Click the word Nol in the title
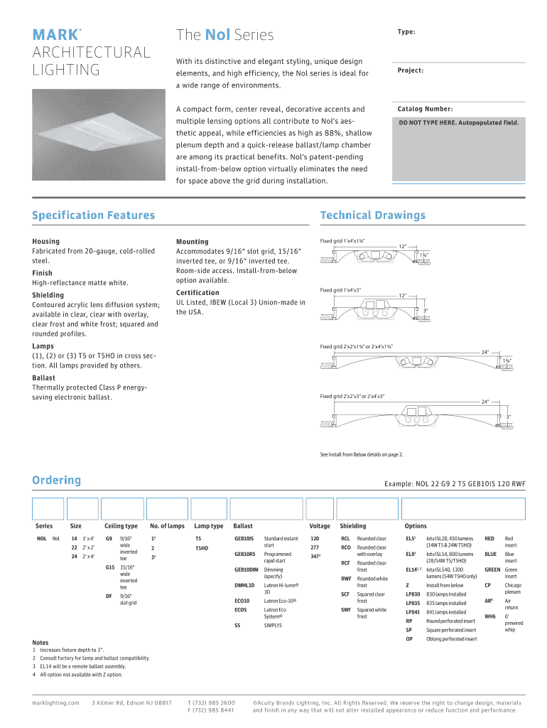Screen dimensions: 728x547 (216, 35)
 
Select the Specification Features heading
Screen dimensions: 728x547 (93, 215)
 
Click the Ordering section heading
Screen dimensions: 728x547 (56, 480)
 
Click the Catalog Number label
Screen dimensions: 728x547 (425, 109)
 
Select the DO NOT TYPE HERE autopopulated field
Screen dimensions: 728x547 (458, 122)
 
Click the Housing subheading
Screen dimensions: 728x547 (45, 241)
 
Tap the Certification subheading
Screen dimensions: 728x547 (197, 292)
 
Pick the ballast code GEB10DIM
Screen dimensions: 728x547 (246, 569)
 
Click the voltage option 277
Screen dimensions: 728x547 (314, 547)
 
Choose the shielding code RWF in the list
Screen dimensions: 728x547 (345, 579)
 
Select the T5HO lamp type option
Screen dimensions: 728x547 (202, 548)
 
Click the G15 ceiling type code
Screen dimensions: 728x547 (110, 567)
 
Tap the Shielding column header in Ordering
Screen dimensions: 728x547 (353, 526)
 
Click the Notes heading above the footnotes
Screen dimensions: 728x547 (41, 642)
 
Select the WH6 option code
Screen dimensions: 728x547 (489, 616)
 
